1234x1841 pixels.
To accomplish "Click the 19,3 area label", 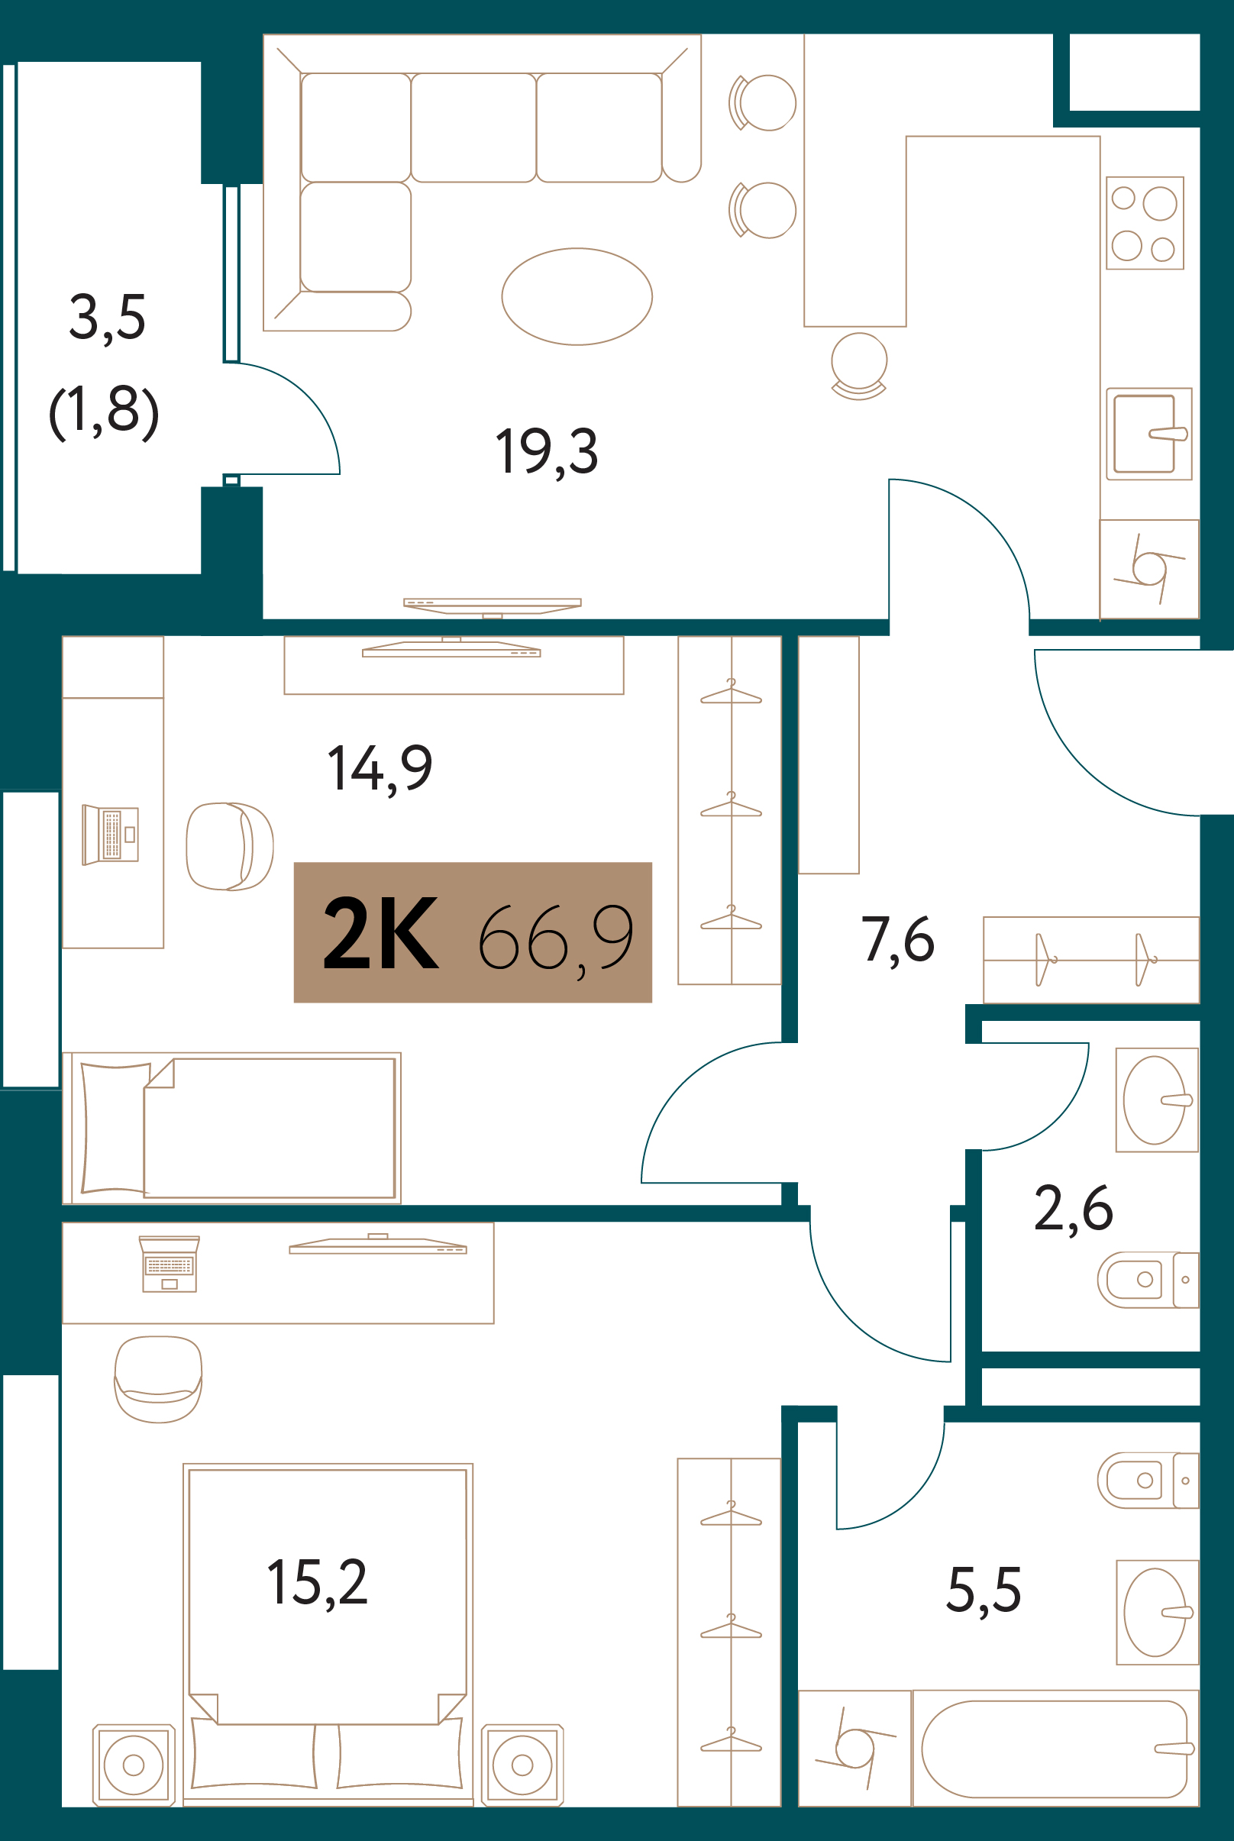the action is click(x=546, y=452).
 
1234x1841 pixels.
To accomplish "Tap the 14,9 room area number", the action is click(x=380, y=769).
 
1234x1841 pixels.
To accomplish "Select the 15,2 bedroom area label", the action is click(x=317, y=1583).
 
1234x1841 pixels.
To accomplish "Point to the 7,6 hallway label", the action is click(x=898, y=940).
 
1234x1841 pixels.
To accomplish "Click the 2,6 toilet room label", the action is click(x=1074, y=1209).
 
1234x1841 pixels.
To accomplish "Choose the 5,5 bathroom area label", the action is click(x=984, y=1590).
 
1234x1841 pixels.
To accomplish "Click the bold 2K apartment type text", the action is click(x=381, y=934).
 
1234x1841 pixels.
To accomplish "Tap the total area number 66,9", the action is click(x=556, y=938).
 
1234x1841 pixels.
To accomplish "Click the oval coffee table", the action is click(x=577, y=296).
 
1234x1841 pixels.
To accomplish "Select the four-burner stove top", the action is click(x=1145, y=223).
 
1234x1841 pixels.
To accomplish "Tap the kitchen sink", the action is click(x=1149, y=434).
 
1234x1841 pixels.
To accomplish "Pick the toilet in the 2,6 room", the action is click(x=1148, y=1280).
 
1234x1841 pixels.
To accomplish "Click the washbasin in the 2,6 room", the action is click(x=1158, y=1100).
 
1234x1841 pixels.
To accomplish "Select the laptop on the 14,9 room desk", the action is click(x=110, y=835).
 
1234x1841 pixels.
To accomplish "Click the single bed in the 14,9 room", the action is click(x=232, y=1129).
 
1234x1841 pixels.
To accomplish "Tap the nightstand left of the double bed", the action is click(x=134, y=1765).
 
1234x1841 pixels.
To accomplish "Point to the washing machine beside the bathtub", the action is click(x=855, y=1749).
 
